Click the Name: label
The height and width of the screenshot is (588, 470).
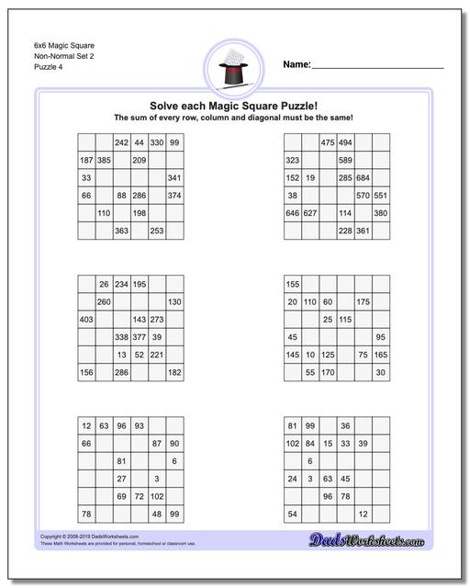click(297, 64)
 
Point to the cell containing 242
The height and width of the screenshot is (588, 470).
click(121, 142)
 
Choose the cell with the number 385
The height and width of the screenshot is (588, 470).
click(104, 160)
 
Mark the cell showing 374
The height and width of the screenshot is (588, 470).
click(173, 196)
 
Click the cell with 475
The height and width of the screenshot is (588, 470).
click(328, 142)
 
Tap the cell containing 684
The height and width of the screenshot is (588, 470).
click(363, 177)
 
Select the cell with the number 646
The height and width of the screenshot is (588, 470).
click(293, 213)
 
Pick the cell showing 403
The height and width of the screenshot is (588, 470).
click(86, 320)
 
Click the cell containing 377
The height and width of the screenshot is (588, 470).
click(139, 337)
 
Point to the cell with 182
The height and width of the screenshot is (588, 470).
click(173, 372)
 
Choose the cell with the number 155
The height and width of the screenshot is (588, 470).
click(293, 284)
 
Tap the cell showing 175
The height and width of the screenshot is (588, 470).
click(363, 301)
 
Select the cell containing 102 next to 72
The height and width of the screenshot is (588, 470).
click(156, 496)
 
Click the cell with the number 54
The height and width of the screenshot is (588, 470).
click(293, 514)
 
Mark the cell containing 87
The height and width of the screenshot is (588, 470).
click(156, 443)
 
